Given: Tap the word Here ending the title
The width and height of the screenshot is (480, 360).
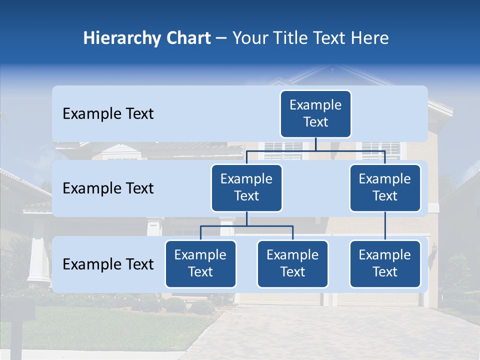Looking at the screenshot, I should pos(370,38).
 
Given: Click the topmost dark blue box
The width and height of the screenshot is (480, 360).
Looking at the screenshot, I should pos(315,114).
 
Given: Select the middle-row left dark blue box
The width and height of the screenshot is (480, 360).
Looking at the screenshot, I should pos(246,188).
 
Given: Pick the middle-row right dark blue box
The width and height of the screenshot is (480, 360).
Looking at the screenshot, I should pos(385,188).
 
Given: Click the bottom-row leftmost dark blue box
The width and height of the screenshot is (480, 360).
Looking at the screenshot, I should pos(200,264).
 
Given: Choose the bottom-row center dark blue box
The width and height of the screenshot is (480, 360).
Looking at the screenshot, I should pos(292,264).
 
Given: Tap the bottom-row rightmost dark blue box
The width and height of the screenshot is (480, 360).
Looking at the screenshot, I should pos(385,264).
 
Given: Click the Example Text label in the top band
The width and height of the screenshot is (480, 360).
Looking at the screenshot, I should pos(108,114).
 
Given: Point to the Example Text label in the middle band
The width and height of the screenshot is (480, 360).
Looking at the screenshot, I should pos(108,188).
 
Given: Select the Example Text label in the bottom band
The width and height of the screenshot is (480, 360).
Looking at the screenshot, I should pos(108,264).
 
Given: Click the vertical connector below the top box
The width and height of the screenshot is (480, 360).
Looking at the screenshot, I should pos(315,144).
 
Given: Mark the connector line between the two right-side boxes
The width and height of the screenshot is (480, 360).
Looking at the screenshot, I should pos(385,226).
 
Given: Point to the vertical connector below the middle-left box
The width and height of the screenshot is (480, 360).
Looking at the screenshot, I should pos(246,219).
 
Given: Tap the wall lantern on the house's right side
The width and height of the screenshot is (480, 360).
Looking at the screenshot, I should pos(433,249).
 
